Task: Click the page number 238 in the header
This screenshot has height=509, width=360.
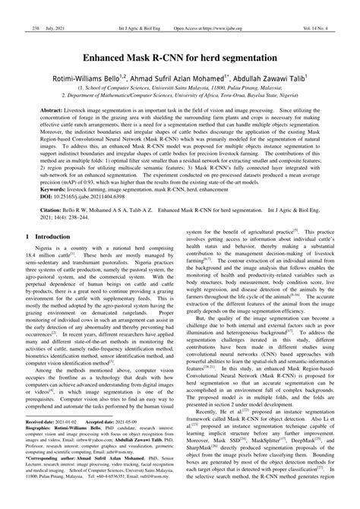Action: pos(14,8)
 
